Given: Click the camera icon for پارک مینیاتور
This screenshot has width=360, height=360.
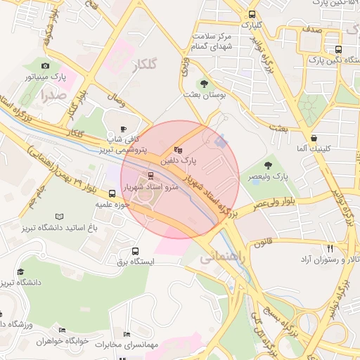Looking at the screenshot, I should tap(46, 65).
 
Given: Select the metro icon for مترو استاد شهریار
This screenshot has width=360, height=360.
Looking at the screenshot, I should tap(150, 176).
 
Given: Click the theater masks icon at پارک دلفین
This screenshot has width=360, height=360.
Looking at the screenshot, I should tap(178, 150).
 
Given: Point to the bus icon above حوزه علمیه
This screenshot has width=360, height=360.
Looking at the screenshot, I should tap(112, 193).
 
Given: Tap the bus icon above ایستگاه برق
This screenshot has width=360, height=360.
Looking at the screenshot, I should tap(135, 251).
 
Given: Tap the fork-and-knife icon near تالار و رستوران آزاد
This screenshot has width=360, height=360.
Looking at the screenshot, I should tap(330, 248).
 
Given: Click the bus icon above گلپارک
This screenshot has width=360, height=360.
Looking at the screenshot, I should tap(252, 14).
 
